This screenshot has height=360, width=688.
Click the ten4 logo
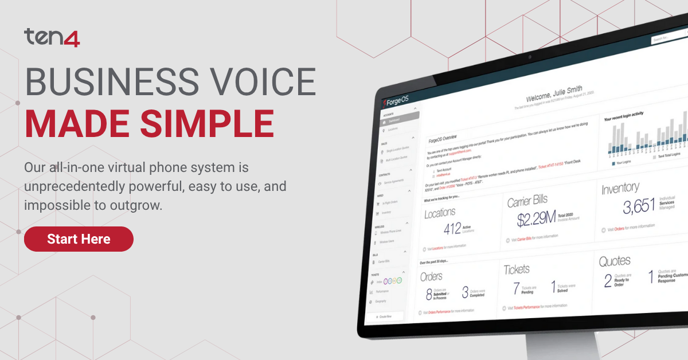52,38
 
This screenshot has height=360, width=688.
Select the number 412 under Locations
452,229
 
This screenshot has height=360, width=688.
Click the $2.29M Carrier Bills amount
536,218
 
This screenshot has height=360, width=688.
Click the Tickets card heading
517,269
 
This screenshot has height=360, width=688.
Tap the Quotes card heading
615,261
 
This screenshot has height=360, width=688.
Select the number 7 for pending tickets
516,288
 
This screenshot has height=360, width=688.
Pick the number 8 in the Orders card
429,295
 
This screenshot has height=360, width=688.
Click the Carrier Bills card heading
527,201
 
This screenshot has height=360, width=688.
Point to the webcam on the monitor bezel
529,57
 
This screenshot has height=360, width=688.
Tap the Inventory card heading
620,187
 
